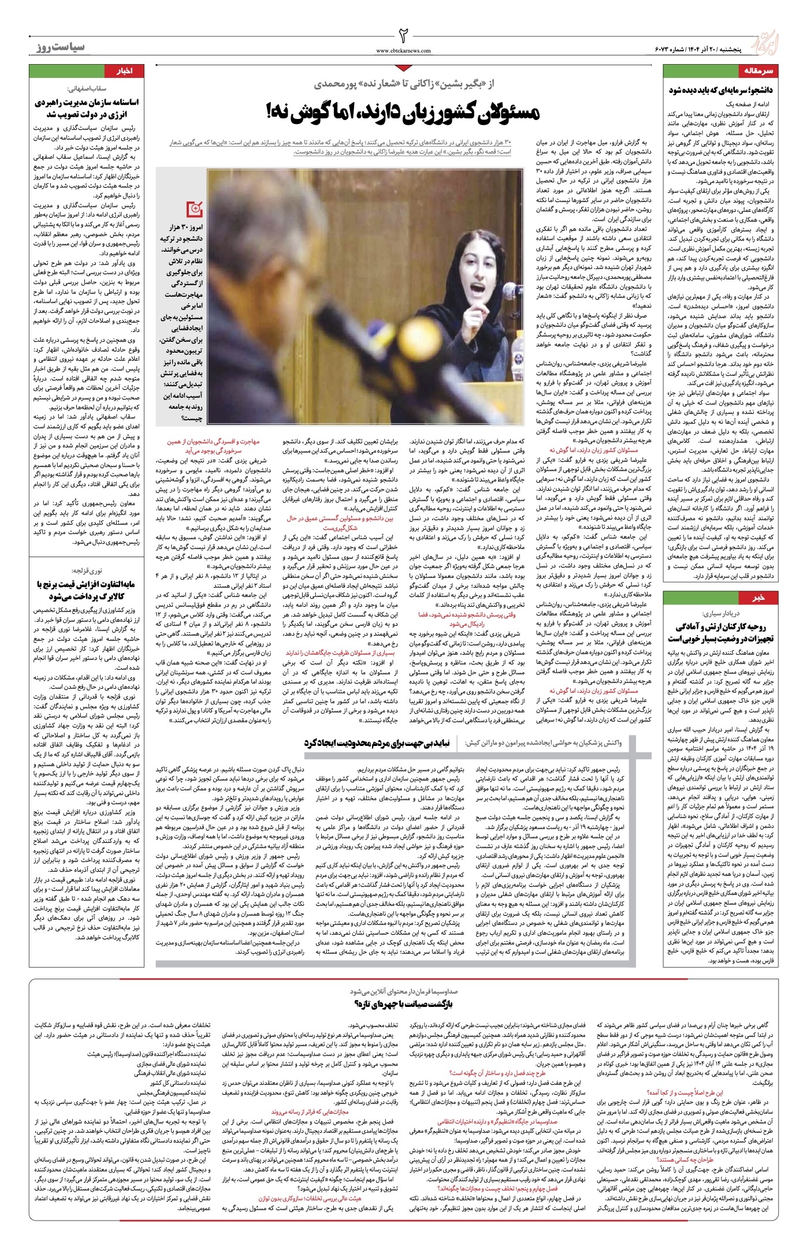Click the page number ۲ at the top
coord(404,34)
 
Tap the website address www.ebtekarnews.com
coord(404,51)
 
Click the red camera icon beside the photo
coord(194,208)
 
